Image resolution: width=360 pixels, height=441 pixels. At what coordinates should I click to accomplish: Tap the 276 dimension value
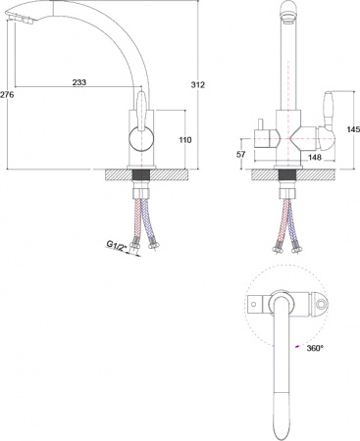click(x=7, y=94)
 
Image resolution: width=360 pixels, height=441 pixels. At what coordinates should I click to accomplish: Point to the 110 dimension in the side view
click(x=184, y=140)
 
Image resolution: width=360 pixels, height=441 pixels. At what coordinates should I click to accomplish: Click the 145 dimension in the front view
click(x=352, y=129)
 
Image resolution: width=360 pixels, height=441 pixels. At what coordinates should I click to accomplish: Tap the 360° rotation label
click(x=314, y=348)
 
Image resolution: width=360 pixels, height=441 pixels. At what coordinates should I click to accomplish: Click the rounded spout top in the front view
click(x=287, y=12)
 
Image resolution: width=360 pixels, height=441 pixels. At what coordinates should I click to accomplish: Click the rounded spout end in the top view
click(x=282, y=427)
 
